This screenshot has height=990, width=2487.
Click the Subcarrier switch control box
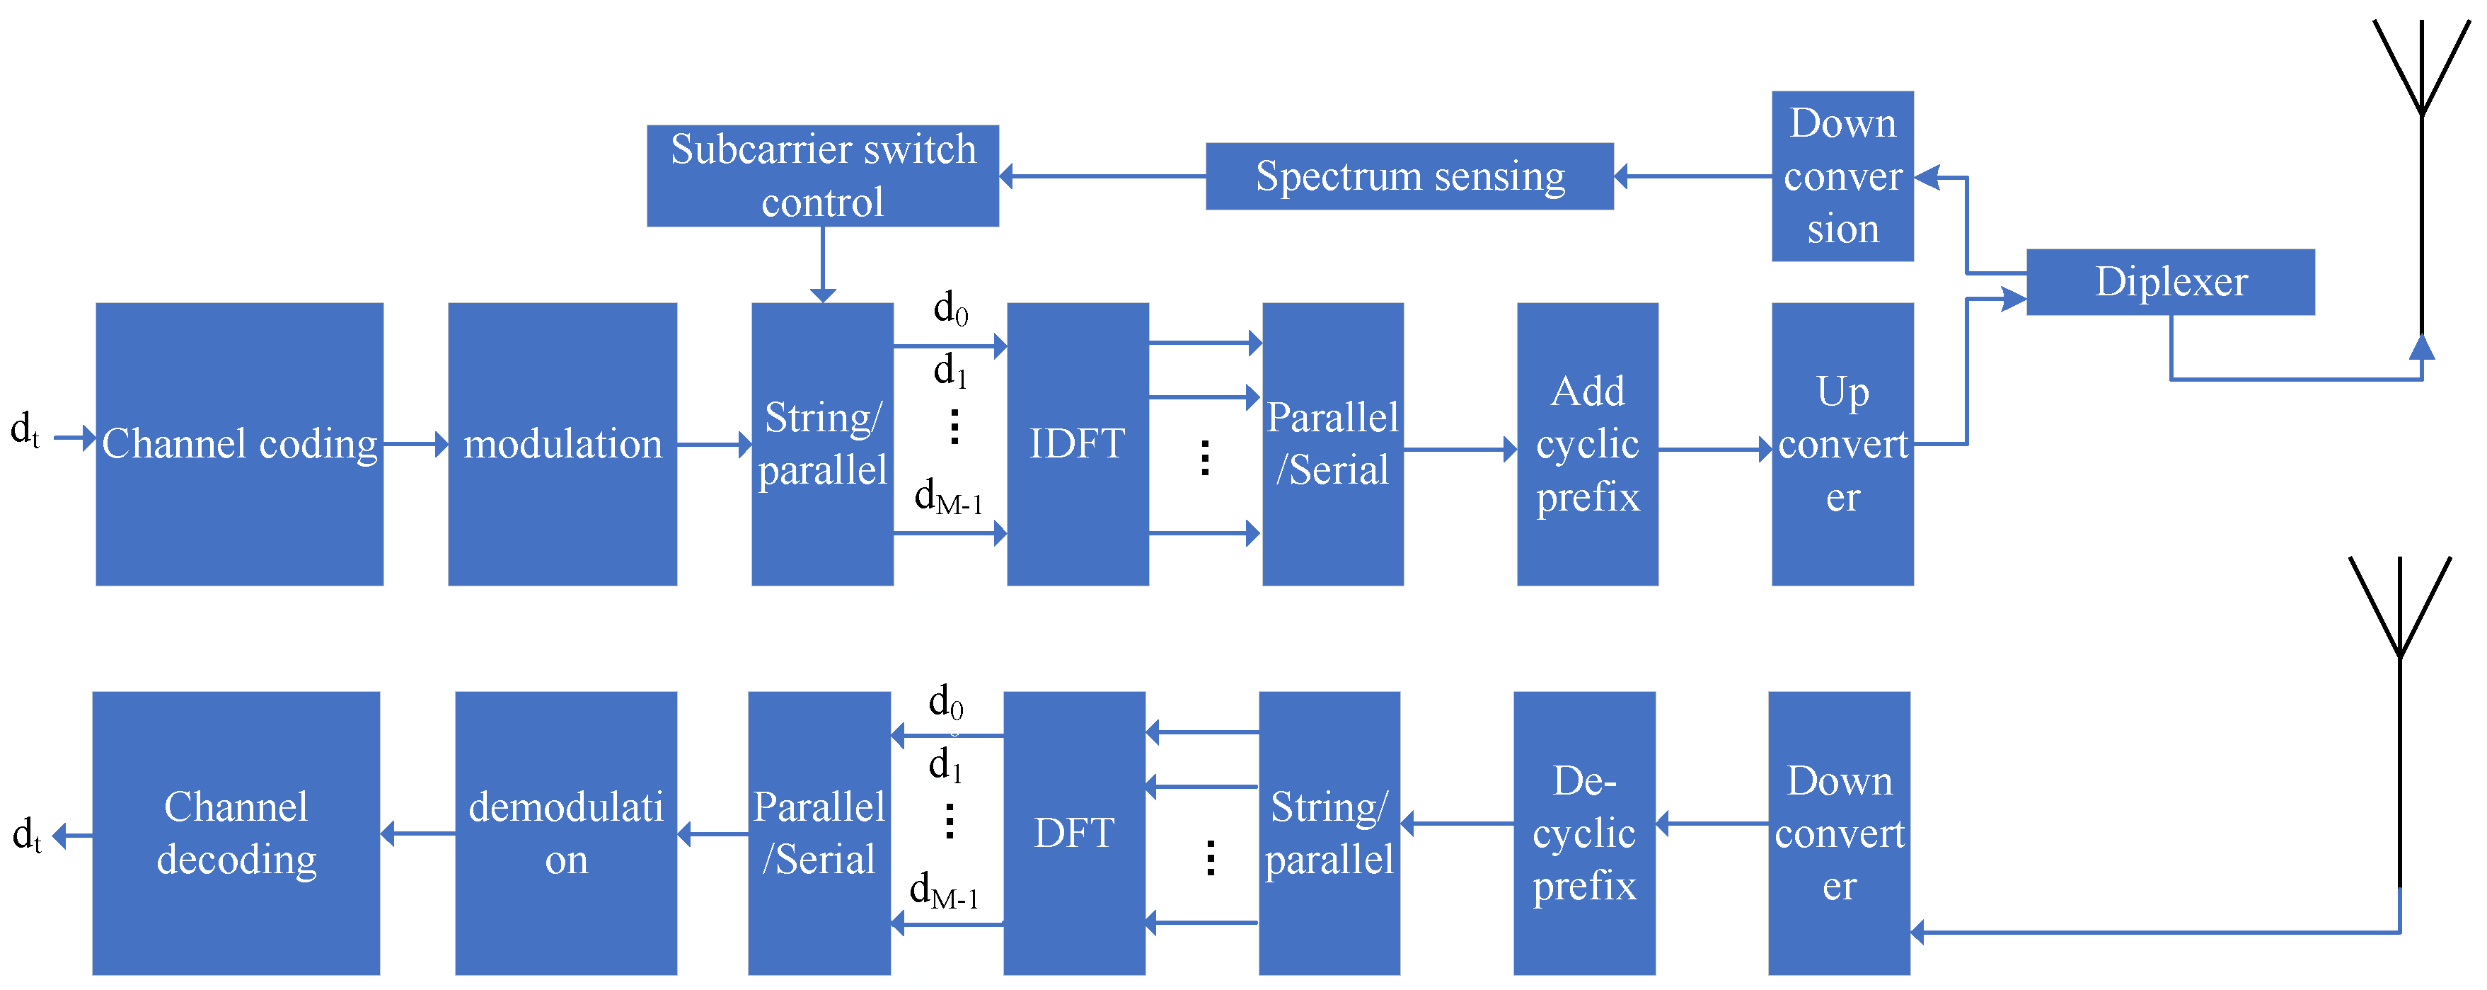tap(823, 176)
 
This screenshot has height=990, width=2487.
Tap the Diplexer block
tap(2169, 282)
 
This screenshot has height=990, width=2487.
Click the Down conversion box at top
tap(1842, 176)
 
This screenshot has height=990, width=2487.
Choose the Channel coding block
tap(239, 444)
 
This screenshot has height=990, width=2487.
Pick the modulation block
tap(562, 444)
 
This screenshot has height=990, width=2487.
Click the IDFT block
tap(1078, 444)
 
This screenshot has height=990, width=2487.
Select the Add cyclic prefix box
tap(1587, 444)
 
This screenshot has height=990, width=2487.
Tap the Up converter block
tap(1842, 444)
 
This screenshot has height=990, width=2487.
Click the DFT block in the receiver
tap(1073, 833)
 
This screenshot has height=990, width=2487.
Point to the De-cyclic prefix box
tap(1583, 833)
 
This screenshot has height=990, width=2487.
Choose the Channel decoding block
tap(236, 833)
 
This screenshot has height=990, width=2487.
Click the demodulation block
tap(566, 833)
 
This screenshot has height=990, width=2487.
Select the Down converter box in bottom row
tap(1838, 833)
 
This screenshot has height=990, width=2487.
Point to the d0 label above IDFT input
tap(950, 309)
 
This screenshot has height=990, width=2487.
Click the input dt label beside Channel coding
tap(25, 431)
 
